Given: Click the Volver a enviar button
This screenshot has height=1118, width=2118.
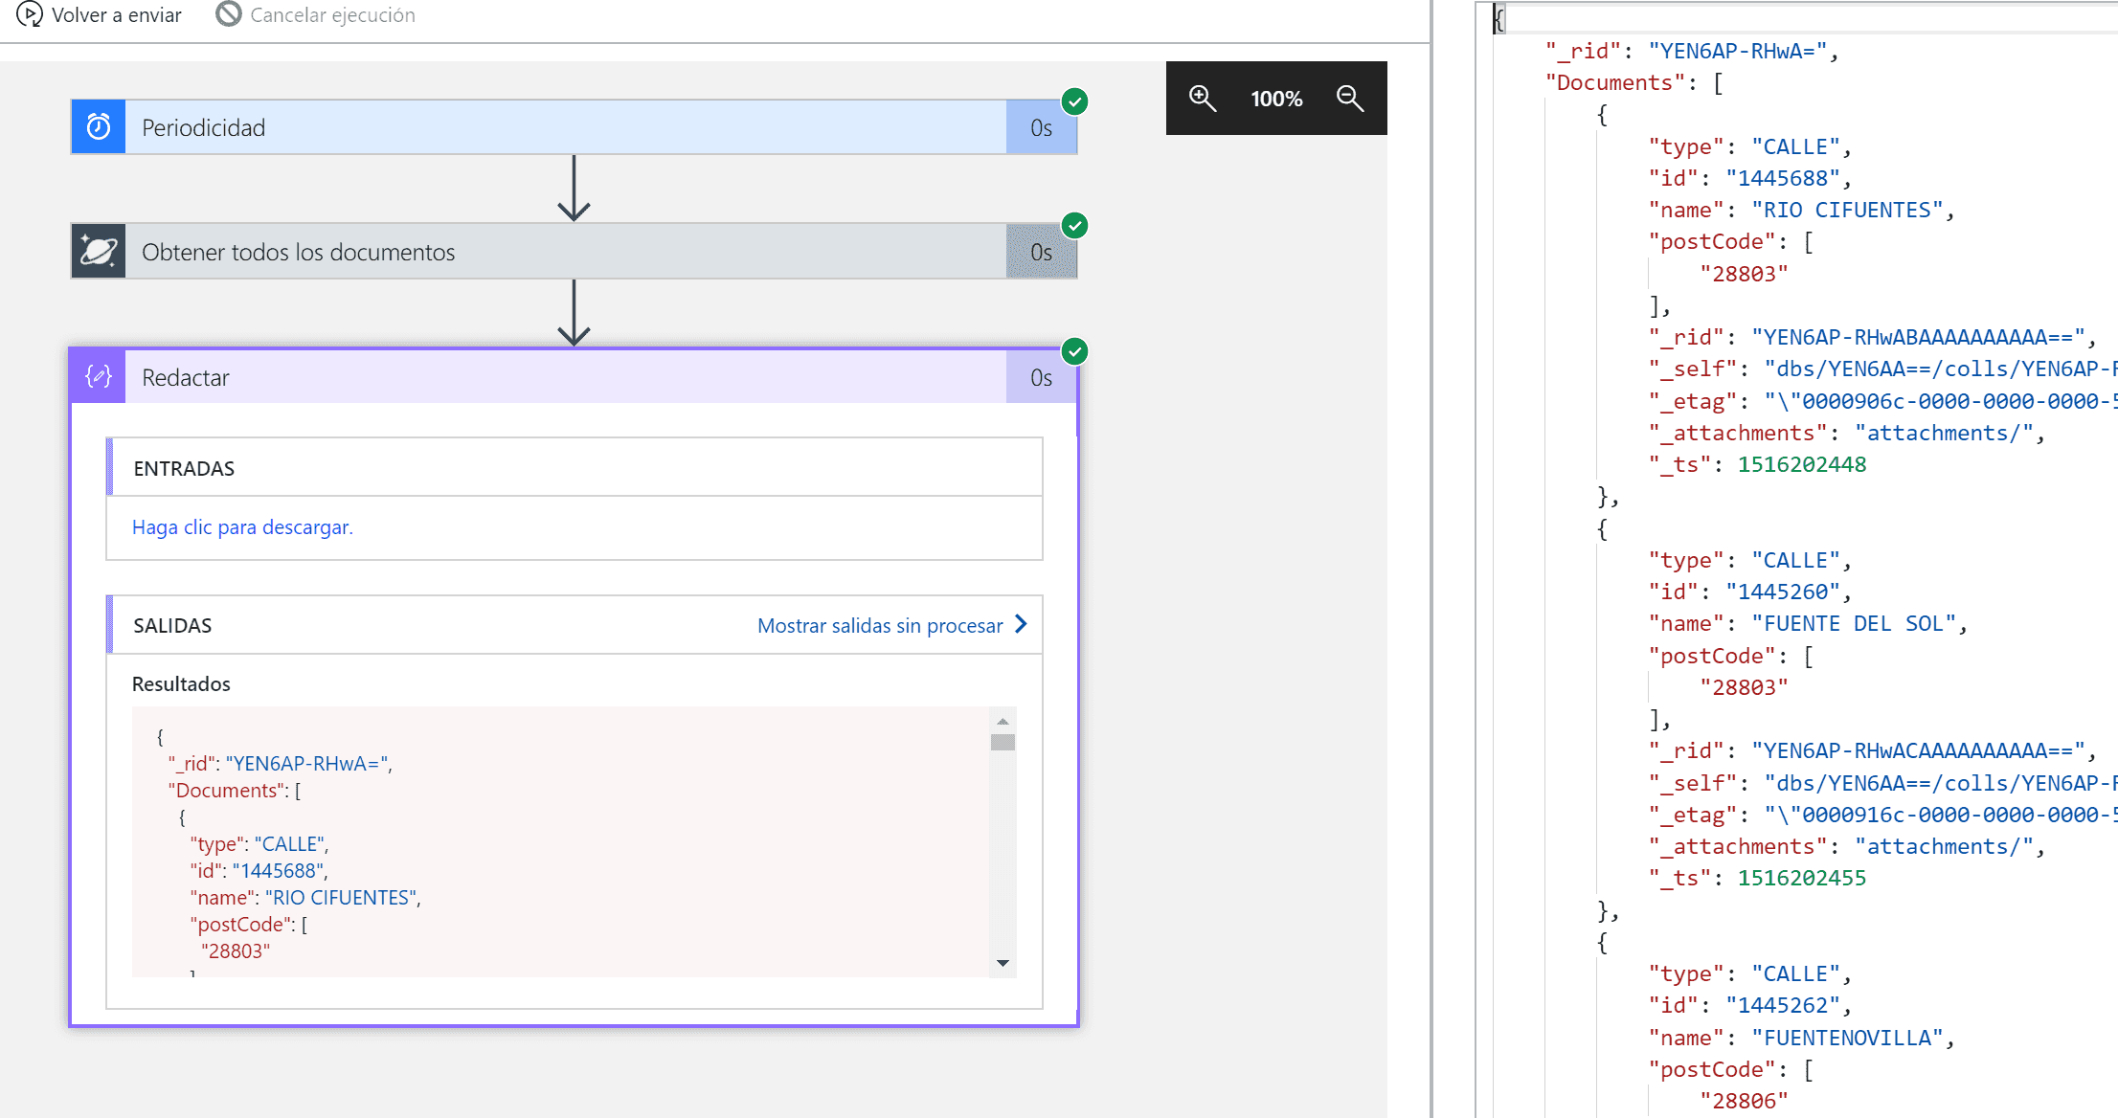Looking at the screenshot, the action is (x=100, y=15).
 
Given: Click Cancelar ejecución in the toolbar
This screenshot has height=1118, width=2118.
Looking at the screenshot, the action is (x=316, y=15).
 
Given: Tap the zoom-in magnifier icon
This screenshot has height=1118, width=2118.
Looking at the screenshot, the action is (x=1202, y=99).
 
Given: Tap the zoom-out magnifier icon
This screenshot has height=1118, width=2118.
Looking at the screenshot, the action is (x=1350, y=99).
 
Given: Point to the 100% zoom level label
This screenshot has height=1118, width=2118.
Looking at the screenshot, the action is (x=1276, y=99).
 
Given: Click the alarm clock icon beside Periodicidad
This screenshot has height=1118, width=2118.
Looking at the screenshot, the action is (x=99, y=127).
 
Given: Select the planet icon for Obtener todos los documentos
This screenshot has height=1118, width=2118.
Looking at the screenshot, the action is (x=99, y=252).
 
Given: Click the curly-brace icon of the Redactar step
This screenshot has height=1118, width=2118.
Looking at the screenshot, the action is (x=99, y=377).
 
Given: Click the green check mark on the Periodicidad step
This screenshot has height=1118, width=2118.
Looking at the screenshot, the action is (x=1075, y=101).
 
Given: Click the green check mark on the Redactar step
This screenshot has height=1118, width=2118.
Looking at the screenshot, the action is (x=1075, y=351).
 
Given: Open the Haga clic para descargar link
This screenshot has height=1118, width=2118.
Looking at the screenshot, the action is (x=242, y=527).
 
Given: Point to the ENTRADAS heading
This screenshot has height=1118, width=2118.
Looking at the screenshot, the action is (x=184, y=469).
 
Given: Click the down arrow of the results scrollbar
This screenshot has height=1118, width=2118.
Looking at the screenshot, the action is (x=1003, y=963).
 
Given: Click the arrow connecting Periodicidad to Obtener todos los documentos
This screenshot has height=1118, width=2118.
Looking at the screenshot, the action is (x=574, y=188).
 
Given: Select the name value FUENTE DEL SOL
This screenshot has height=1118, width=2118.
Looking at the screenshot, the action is (x=1854, y=624).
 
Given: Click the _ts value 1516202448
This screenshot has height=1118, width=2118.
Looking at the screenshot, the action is (x=1802, y=465).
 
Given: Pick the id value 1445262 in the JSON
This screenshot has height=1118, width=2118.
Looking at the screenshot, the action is (x=1783, y=1006).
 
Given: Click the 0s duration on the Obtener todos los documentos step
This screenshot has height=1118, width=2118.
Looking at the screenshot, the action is (x=1042, y=252).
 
